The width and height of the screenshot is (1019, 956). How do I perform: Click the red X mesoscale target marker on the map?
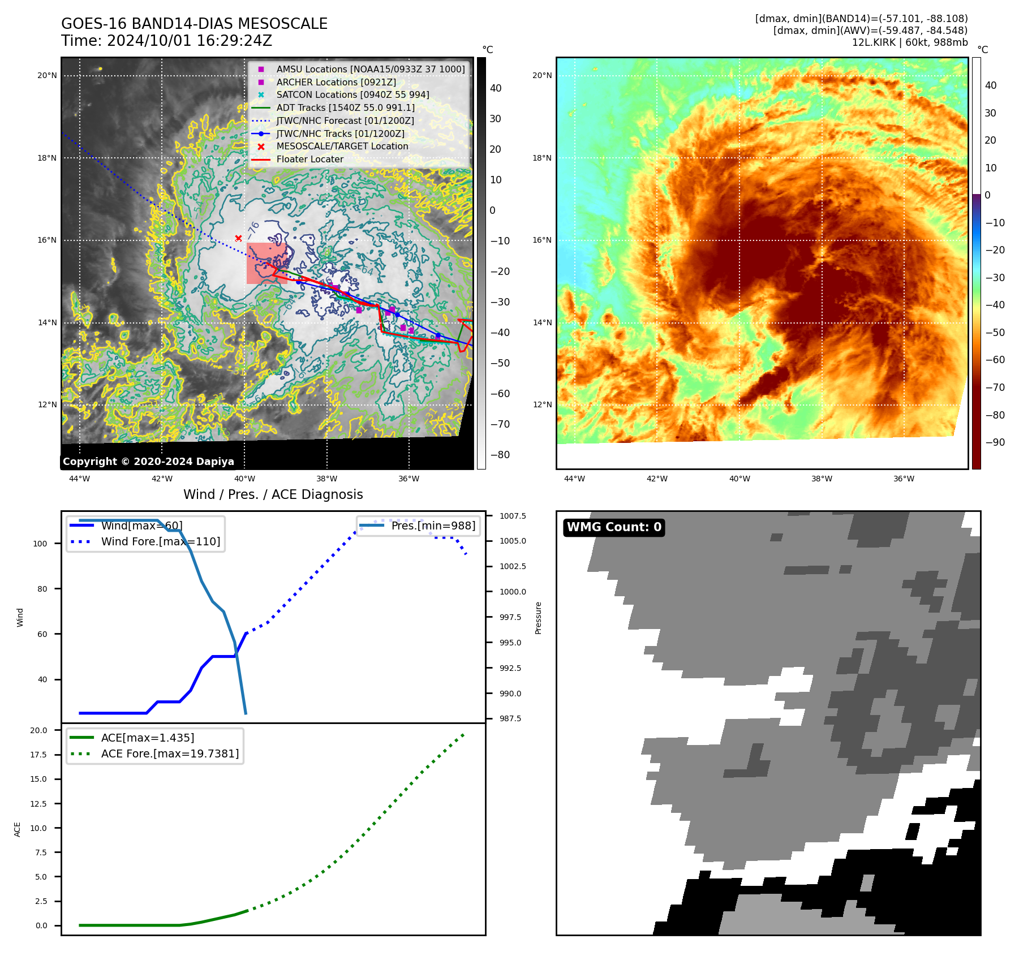click(x=238, y=239)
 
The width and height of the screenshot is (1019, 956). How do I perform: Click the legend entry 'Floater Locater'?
click(x=309, y=160)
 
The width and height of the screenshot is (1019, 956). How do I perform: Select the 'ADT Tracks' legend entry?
click(x=345, y=107)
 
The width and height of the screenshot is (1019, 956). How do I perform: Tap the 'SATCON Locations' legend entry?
click(x=352, y=94)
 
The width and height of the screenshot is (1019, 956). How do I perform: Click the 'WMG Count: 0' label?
click(x=614, y=527)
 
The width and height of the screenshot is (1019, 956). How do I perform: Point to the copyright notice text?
click(x=148, y=462)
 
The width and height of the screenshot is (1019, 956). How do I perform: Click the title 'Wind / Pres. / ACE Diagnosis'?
click(x=273, y=494)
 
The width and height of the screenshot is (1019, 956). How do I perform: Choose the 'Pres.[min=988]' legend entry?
click(x=433, y=526)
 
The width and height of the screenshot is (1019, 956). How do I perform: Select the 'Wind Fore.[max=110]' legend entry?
click(x=161, y=541)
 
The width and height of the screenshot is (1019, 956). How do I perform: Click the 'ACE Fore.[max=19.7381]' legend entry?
click(x=170, y=753)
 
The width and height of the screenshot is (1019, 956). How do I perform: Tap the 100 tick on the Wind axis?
click(x=40, y=544)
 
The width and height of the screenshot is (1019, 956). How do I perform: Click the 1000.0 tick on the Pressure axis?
click(x=513, y=592)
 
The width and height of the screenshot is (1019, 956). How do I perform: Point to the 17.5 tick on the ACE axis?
click(x=39, y=755)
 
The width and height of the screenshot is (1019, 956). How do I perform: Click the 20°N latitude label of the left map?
click(x=47, y=76)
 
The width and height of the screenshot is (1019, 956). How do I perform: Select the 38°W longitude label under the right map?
click(x=822, y=479)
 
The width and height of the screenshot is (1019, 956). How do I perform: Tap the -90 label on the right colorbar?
click(x=995, y=442)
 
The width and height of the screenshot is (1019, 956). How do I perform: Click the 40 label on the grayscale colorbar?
click(x=496, y=88)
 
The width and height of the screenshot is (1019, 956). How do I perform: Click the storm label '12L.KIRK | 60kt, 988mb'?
click(x=910, y=42)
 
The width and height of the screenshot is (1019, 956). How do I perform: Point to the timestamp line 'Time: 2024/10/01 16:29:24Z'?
click(x=167, y=41)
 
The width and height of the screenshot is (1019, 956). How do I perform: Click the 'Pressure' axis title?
click(x=538, y=618)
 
